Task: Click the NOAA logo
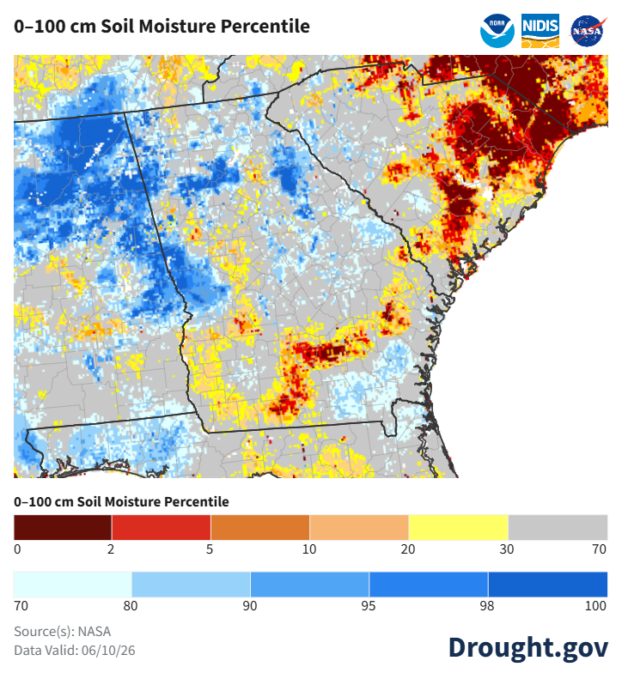click(x=497, y=31)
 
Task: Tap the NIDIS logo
click(x=540, y=31)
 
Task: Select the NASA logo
click(x=588, y=31)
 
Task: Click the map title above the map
click(x=162, y=27)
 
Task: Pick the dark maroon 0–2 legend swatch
click(x=63, y=527)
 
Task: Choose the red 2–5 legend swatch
click(x=162, y=527)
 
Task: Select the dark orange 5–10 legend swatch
click(x=260, y=527)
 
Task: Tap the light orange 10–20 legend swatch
click(x=359, y=527)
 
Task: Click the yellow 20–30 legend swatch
click(x=459, y=527)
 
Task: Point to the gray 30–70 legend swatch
click(x=558, y=527)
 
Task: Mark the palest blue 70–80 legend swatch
click(x=72, y=584)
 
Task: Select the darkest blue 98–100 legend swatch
click(x=548, y=584)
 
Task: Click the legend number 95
click(x=368, y=606)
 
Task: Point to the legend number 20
click(x=408, y=549)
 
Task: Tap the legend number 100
click(x=595, y=606)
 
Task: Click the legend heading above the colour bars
click(x=121, y=501)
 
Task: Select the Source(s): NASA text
click(x=63, y=632)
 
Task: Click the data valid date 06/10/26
click(x=108, y=651)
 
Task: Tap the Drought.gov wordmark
click(x=528, y=648)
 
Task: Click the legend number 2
click(x=111, y=549)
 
